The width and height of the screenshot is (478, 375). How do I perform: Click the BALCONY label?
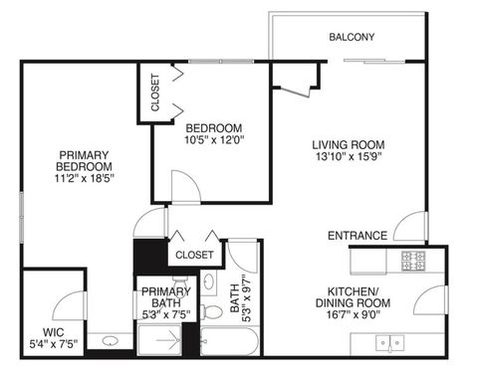click(x=352, y=38)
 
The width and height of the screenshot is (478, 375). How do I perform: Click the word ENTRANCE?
click(x=358, y=236)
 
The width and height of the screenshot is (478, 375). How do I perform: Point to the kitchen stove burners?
click(x=413, y=263)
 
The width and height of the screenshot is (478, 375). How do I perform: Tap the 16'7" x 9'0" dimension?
click(x=354, y=315)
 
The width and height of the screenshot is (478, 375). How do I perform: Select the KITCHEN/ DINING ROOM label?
click(x=354, y=297)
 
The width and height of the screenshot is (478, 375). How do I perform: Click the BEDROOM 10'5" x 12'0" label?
click(x=214, y=133)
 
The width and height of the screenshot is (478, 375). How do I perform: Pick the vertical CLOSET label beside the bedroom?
click(x=155, y=93)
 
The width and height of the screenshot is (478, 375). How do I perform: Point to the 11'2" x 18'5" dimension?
click(x=85, y=179)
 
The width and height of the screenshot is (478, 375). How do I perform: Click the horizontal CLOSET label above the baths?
click(x=194, y=256)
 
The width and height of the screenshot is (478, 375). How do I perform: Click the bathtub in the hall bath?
click(x=229, y=343)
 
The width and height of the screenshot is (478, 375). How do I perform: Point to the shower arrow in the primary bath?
click(x=171, y=342)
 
